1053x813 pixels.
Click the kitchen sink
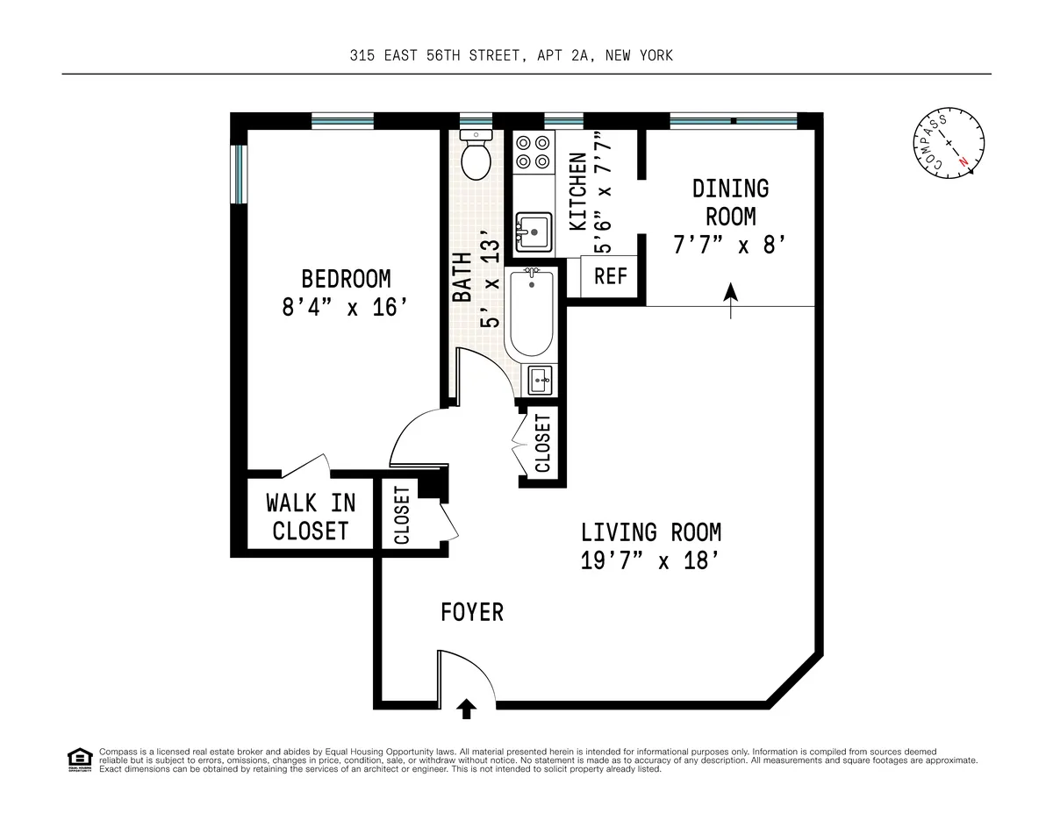(x=533, y=231)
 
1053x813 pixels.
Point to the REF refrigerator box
(x=611, y=275)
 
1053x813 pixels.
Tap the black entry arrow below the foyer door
(x=467, y=709)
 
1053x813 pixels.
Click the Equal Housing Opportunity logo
(x=79, y=759)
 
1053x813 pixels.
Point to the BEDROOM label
(x=346, y=279)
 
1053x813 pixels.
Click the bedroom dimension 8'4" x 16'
(x=346, y=308)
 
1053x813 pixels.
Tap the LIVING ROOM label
(x=651, y=532)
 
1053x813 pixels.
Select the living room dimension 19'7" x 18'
(x=651, y=561)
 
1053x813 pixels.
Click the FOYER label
(x=472, y=612)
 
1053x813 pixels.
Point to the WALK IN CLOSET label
(x=311, y=517)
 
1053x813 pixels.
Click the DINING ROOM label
(x=730, y=202)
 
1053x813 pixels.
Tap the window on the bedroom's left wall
(x=236, y=174)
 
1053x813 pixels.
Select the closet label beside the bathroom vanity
(x=542, y=443)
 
